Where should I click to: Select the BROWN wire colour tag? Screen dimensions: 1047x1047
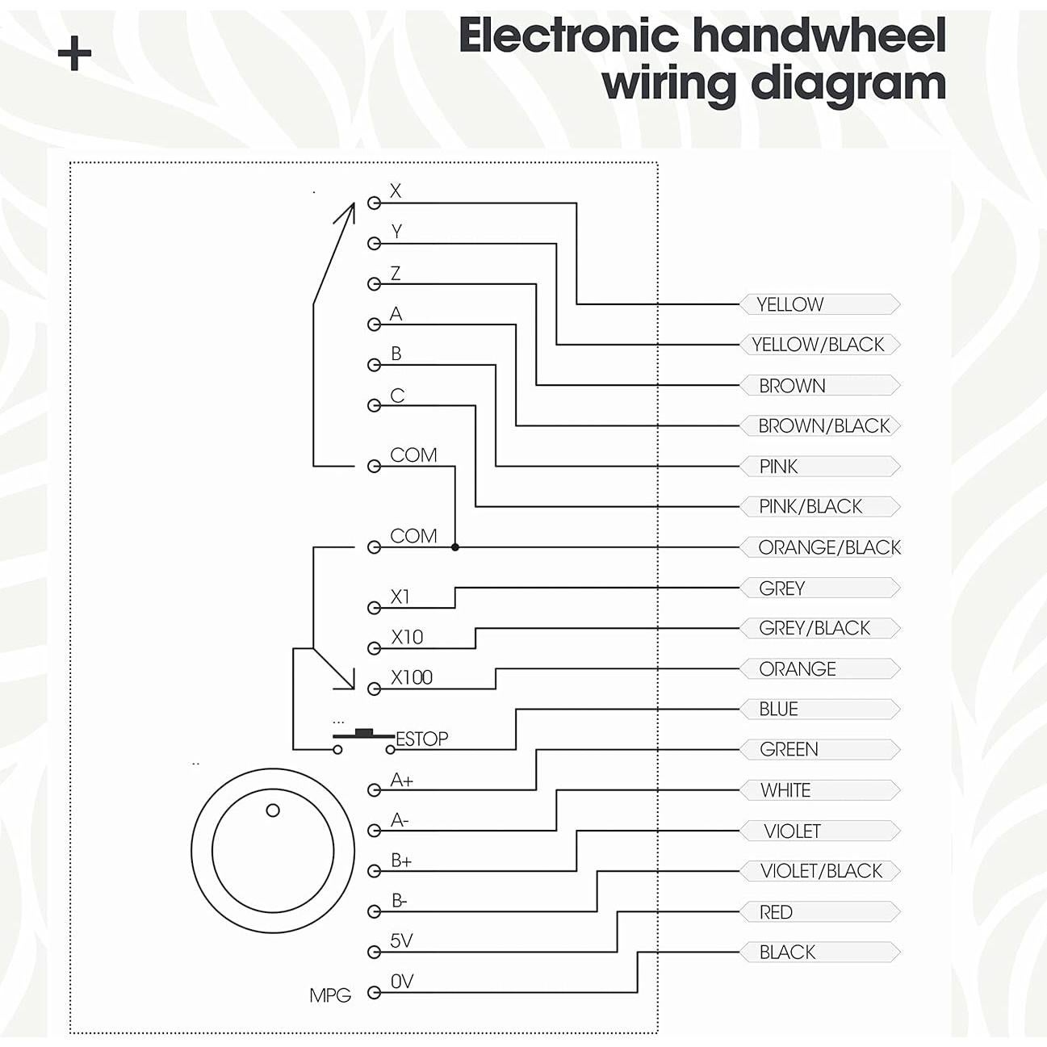[x=820, y=386]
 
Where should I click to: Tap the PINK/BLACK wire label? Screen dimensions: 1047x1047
[x=820, y=507]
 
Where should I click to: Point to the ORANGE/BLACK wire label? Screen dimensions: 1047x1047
[x=820, y=547]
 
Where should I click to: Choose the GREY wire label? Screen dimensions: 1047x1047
[x=820, y=588]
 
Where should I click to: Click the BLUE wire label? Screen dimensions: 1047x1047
[x=820, y=710]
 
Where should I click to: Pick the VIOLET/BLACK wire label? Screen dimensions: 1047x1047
[x=820, y=871]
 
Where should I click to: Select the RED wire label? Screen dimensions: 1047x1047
[x=820, y=911]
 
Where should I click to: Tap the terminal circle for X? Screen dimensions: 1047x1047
[x=374, y=203]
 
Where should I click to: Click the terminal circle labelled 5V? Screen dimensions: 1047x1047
[x=374, y=952]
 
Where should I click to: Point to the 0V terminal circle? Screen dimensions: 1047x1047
[x=374, y=993]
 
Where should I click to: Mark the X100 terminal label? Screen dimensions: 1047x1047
[x=412, y=677]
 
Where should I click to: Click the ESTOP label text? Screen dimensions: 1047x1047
[x=421, y=739]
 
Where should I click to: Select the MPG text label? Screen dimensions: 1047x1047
[x=330, y=996]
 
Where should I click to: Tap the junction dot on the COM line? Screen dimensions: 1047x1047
[x=455, y=547]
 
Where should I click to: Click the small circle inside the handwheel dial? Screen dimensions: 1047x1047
[x=273, y=810]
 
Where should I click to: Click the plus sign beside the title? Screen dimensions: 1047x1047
[x=74, y=54]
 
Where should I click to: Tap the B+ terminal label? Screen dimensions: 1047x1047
[x=401, y=861]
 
